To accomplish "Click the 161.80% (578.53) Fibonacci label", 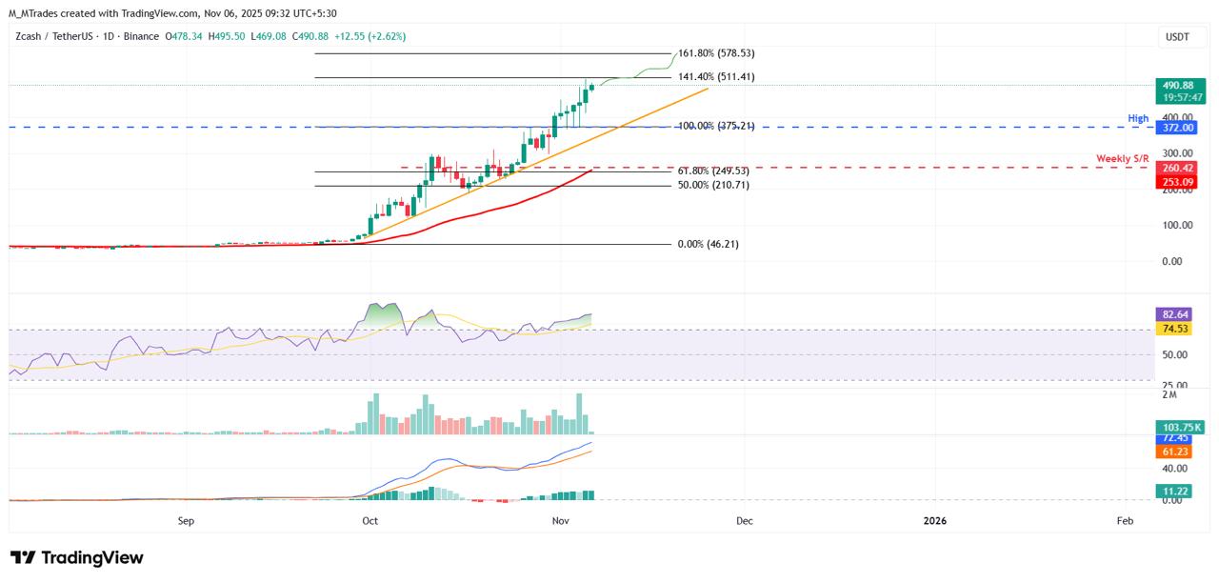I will tap(715, 53).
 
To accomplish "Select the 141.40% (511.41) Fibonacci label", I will tap(715, 77).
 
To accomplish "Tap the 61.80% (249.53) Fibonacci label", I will tap(713, 171).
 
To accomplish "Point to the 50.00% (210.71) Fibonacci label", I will tap(713, 185).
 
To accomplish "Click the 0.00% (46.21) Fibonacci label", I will tap(708, 244).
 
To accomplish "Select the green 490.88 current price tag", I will tap(1178, 86).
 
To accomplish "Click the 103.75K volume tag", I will tap(1178, 428).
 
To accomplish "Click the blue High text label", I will tap(1138, 119).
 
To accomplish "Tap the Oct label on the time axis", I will tap(370, 521).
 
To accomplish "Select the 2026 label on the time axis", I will tap(935, 521).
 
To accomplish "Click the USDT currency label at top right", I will tap(1178, 36).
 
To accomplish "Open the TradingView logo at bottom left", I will tap(77, 558).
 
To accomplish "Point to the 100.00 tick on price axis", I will tap(1177, 225).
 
